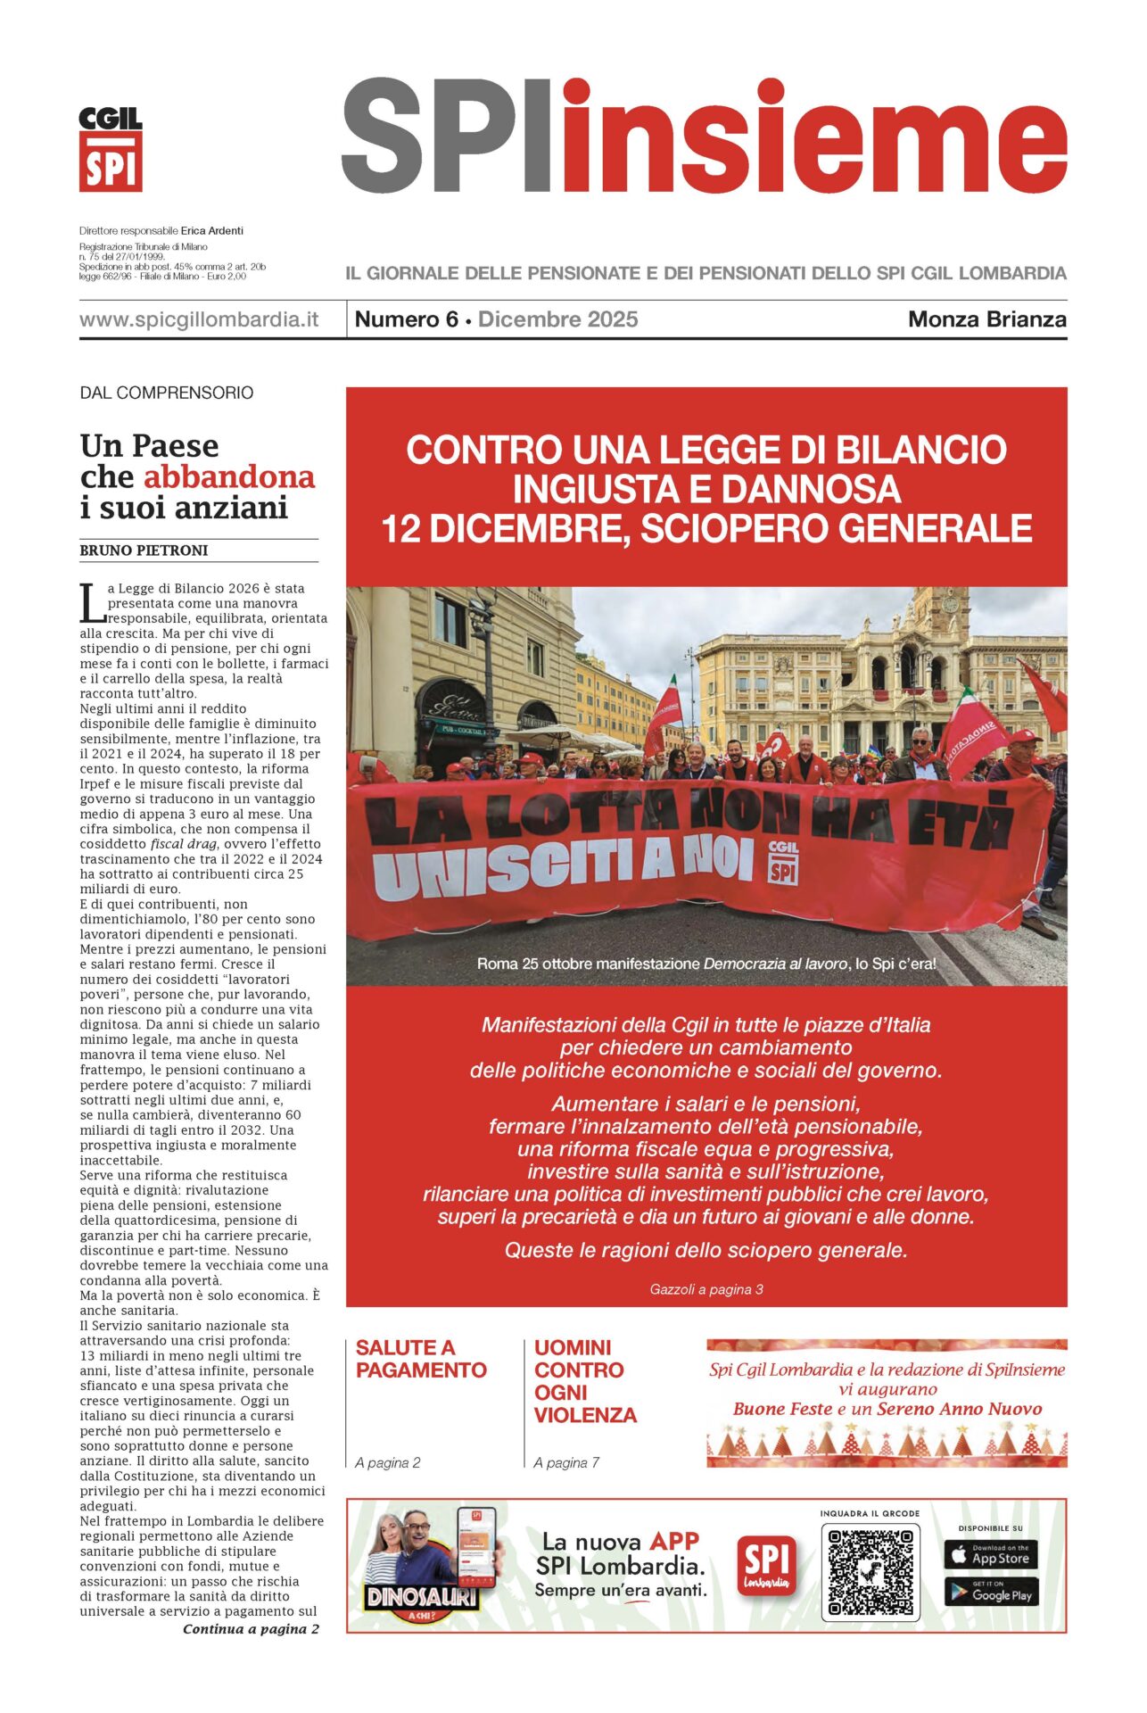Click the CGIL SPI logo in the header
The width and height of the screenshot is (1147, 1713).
(111, 149)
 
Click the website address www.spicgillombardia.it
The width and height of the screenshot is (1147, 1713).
(199, 319)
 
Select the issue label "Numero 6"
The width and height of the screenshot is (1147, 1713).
(406, 319)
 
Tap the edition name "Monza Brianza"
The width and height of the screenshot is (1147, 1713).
(986, 319)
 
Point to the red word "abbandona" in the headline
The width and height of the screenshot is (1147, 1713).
(229, 477)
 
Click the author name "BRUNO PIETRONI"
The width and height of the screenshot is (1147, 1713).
(144, 550)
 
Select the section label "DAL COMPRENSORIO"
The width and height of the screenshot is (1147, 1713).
(167, 393)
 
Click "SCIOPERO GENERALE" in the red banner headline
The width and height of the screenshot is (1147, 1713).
(836, 529)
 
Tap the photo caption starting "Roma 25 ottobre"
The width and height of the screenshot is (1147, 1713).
(706, 964)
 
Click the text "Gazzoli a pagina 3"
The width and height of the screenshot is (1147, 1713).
(706, 1289)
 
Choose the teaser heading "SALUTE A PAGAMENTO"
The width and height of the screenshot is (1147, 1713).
(421, 1359)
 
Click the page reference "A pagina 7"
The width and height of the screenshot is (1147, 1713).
(566, 1462)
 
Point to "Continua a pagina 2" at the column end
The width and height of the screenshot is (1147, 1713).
(251, 1629)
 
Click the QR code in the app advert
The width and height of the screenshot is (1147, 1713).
(870, 1573)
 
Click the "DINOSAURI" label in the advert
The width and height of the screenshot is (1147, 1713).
(421, 1597)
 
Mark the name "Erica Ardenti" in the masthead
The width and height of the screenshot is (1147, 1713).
(212, 230)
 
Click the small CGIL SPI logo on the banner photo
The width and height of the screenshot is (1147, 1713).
(782, 861)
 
